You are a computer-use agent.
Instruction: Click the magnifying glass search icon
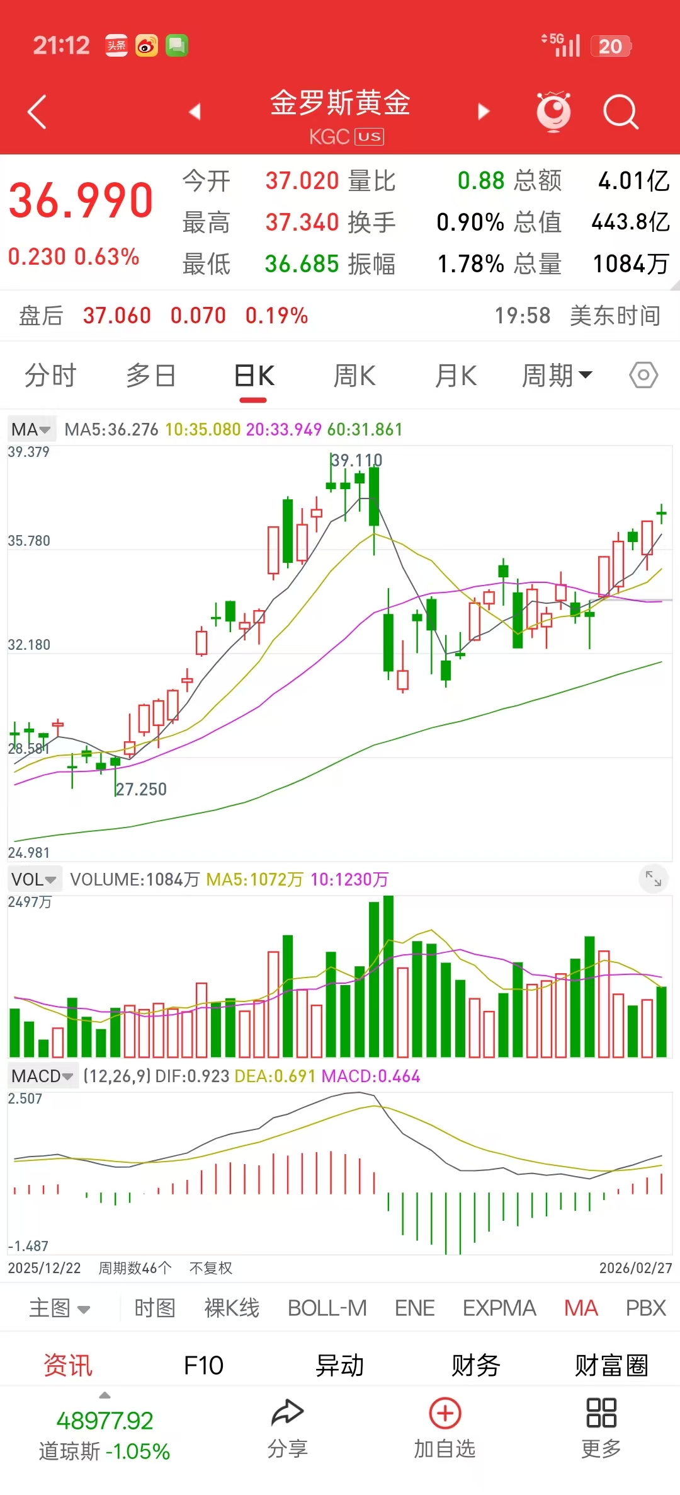click(x=620, y=112)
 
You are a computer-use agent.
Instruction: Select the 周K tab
click(x=354, y=376)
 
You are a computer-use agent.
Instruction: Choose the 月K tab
click(x=456, y=376)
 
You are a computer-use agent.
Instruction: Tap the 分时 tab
click(x=50, y=376)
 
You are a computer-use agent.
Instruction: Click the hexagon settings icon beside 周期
click(x=643, y=376)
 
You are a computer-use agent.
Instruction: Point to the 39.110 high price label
click(x=357, y=461)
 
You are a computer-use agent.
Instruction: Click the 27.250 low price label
click(x=142, y=790)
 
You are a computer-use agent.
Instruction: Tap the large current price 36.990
click(x=81, y=201)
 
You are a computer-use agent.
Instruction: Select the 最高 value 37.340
click(x=302, y=222)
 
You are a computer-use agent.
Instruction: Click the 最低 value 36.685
click(x=302, y=264)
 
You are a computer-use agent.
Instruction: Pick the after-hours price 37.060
click(x=117, y=316)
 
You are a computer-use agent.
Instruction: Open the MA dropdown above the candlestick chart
click(x=31, y=430)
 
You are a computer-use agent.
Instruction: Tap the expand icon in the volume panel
click(x=654, y=877)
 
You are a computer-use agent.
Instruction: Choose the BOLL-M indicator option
click(x=327, y=1308)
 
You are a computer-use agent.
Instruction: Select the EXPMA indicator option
click(x=499, y=1308)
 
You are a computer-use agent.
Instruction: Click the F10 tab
click(x=203, y=1366)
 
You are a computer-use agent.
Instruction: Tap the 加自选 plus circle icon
click(x=445, y=1414)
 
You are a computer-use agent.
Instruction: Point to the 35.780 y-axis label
click(x=29, y=541)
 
